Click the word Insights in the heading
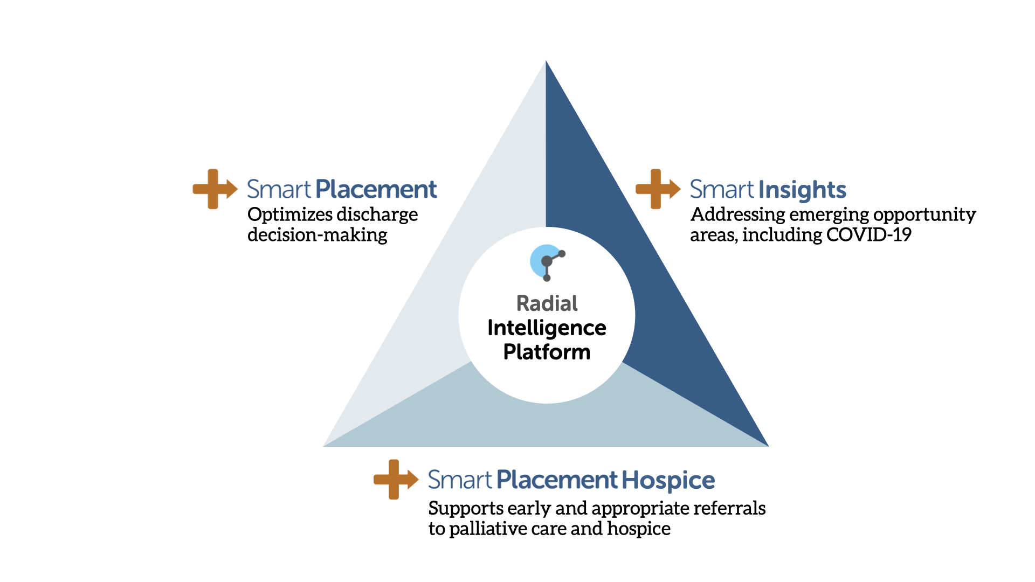(x=802, y=190)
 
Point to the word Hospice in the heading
(x=668, y=480)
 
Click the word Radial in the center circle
(x=547, y=303)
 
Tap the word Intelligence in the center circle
(x=547, y=328)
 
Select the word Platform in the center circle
(x=547, y=352)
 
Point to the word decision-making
(x=317, y=235)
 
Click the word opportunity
(x=924, y=215)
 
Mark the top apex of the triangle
(x=546, y=61)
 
